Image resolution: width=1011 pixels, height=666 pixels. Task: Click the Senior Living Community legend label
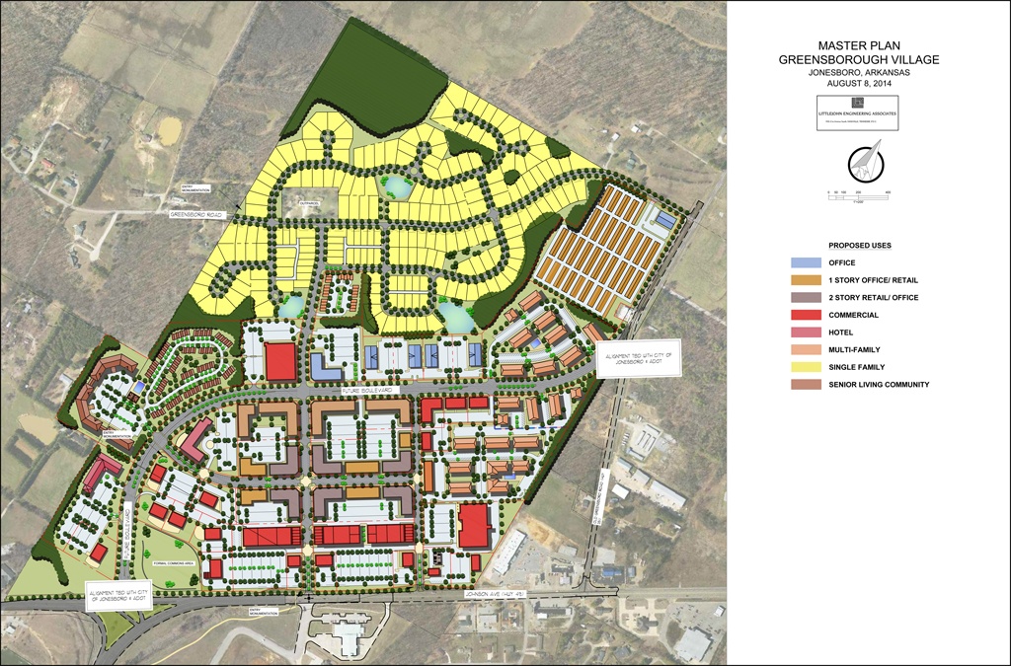pos(879,385)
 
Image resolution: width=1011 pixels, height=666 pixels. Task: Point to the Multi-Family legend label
pos(854,349)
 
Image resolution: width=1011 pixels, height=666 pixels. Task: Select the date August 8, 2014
pos(858,84)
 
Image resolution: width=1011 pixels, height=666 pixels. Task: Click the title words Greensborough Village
pos(858,59)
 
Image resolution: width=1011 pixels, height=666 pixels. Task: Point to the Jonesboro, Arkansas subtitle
pos(858,72)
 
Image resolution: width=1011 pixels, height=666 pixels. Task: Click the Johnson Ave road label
pos(505,593)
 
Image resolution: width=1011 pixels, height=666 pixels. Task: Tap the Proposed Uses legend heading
pos(859,245)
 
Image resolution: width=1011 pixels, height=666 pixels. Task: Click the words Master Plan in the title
pos(858,45)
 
